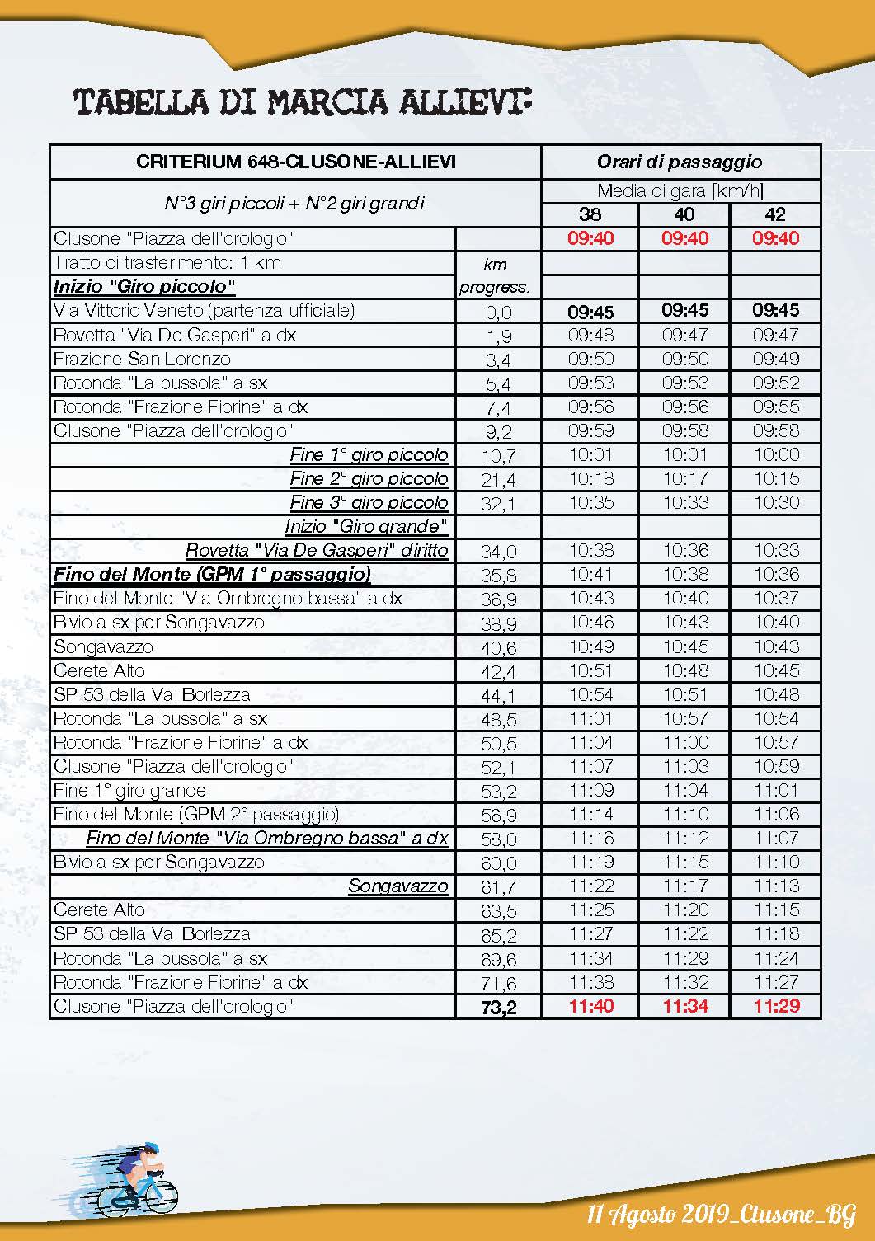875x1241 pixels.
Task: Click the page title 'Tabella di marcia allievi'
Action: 302,102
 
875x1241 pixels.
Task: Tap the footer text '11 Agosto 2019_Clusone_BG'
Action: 721,1214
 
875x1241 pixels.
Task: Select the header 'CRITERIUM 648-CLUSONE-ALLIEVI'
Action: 295,162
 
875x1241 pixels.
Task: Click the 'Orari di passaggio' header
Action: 680,162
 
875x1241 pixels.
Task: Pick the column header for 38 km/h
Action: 590,214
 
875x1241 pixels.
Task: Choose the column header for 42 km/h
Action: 775,214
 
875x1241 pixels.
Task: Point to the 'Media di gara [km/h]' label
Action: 680,191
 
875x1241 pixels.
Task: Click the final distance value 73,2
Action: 498,1007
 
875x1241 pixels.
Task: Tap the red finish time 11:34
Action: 684,1006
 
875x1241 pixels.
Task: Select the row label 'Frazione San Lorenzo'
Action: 142,359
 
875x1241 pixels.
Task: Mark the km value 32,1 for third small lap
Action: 498,503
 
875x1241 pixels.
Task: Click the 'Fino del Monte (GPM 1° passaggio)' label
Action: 212,574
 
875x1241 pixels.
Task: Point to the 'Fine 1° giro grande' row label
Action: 129,790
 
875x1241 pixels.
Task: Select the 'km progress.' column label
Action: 495,275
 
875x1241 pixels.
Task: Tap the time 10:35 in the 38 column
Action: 590,502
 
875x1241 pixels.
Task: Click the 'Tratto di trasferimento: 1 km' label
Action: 167,262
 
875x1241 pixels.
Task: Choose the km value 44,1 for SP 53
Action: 498,695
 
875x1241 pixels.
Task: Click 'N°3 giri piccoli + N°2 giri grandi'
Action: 294,203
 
